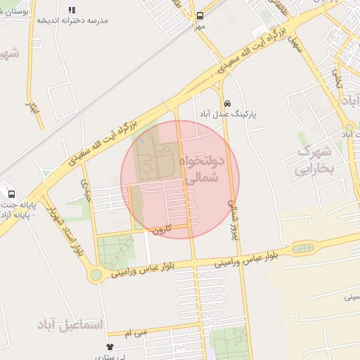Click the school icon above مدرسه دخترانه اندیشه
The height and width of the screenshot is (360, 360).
click(71, 10)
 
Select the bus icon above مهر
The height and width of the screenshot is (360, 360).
click(200, 15)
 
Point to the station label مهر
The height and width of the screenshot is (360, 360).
click(200, 27)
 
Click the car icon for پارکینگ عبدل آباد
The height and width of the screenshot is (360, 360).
click(227, 103)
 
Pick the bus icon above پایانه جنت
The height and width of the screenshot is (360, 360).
click(11, 194)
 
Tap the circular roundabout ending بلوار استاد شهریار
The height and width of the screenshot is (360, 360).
click(95, 275)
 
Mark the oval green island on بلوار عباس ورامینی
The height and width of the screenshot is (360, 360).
click(302, 248)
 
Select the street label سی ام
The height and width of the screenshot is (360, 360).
click(137, 331)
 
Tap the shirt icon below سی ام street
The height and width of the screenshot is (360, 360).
click(110, 347)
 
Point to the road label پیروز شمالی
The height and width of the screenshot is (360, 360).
click(233, 218)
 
